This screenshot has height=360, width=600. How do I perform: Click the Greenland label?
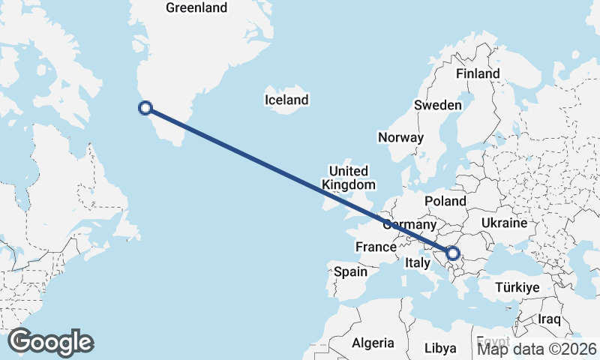point(196,7)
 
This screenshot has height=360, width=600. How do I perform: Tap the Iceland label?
point(286,100)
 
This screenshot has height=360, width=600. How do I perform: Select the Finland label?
point(478,73)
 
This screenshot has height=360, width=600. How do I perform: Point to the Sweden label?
point(438,105)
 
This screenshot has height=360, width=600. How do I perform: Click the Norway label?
point(400,137)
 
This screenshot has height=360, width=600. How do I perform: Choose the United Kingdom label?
point(348,177)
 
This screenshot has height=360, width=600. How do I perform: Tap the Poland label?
point(445,201)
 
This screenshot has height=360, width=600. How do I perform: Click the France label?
point(376,247)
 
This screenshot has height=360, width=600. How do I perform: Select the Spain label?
point(350,271)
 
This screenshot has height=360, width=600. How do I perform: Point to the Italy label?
point(417,263)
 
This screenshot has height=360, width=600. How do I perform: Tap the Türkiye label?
point(517,288)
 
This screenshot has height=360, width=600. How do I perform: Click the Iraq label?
point(549,319)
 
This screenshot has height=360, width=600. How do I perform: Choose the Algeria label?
point(373,343)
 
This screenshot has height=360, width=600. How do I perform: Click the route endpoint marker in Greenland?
point(145,108)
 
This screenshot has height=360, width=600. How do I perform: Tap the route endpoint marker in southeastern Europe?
point(452,253)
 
